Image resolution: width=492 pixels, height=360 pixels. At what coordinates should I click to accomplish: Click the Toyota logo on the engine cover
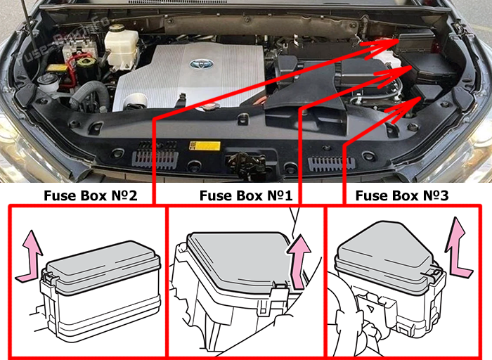click(x=202, y=65)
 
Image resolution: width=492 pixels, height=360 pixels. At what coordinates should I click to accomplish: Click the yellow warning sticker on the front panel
click(x=205, y=146)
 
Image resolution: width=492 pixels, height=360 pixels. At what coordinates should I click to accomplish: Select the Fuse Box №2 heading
click(x=91, y=195)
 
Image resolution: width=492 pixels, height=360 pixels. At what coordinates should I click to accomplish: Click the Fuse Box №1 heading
click(x=246, y=195)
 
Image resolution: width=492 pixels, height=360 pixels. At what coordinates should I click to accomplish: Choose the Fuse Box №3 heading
click(x=402, y=195)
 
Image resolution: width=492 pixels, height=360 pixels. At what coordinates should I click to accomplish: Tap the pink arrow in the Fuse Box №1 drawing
click(x=299, y=260)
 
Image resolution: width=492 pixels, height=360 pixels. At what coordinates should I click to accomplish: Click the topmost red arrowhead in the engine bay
click(x=384, y=47)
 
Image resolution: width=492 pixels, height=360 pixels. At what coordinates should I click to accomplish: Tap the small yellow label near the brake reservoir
click(x=57, y=67)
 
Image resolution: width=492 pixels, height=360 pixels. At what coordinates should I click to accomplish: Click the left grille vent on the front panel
click(x=155, y=158)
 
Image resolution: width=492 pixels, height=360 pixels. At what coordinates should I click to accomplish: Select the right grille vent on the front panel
click(x=332, y=164)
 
